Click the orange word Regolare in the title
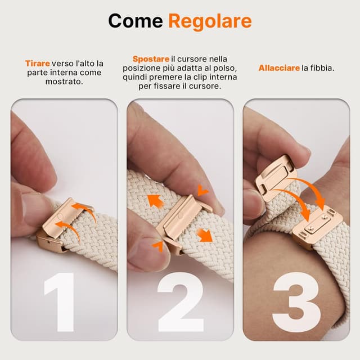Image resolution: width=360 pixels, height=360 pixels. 209,21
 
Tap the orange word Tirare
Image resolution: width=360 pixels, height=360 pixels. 37,64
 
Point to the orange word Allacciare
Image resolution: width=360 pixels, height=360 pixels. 279,68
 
